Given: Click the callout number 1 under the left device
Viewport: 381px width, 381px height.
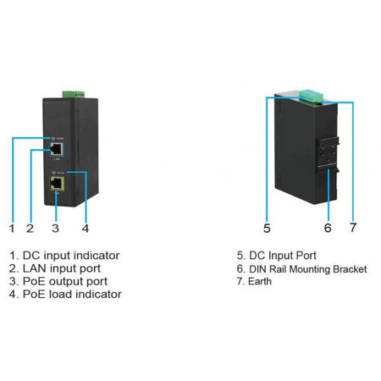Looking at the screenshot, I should pyautogui.click(x=12, y=228).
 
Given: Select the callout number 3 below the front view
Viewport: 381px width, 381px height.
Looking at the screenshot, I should pyautogui.click(x=55, y=228).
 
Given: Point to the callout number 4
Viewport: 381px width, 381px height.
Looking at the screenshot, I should pyautogui.click(x=86, y=228).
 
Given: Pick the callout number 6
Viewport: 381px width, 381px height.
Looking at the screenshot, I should pyautogui.click(x=328, y=228).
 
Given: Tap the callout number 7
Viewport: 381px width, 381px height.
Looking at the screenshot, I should pyautogui.click(x=354, y=228).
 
